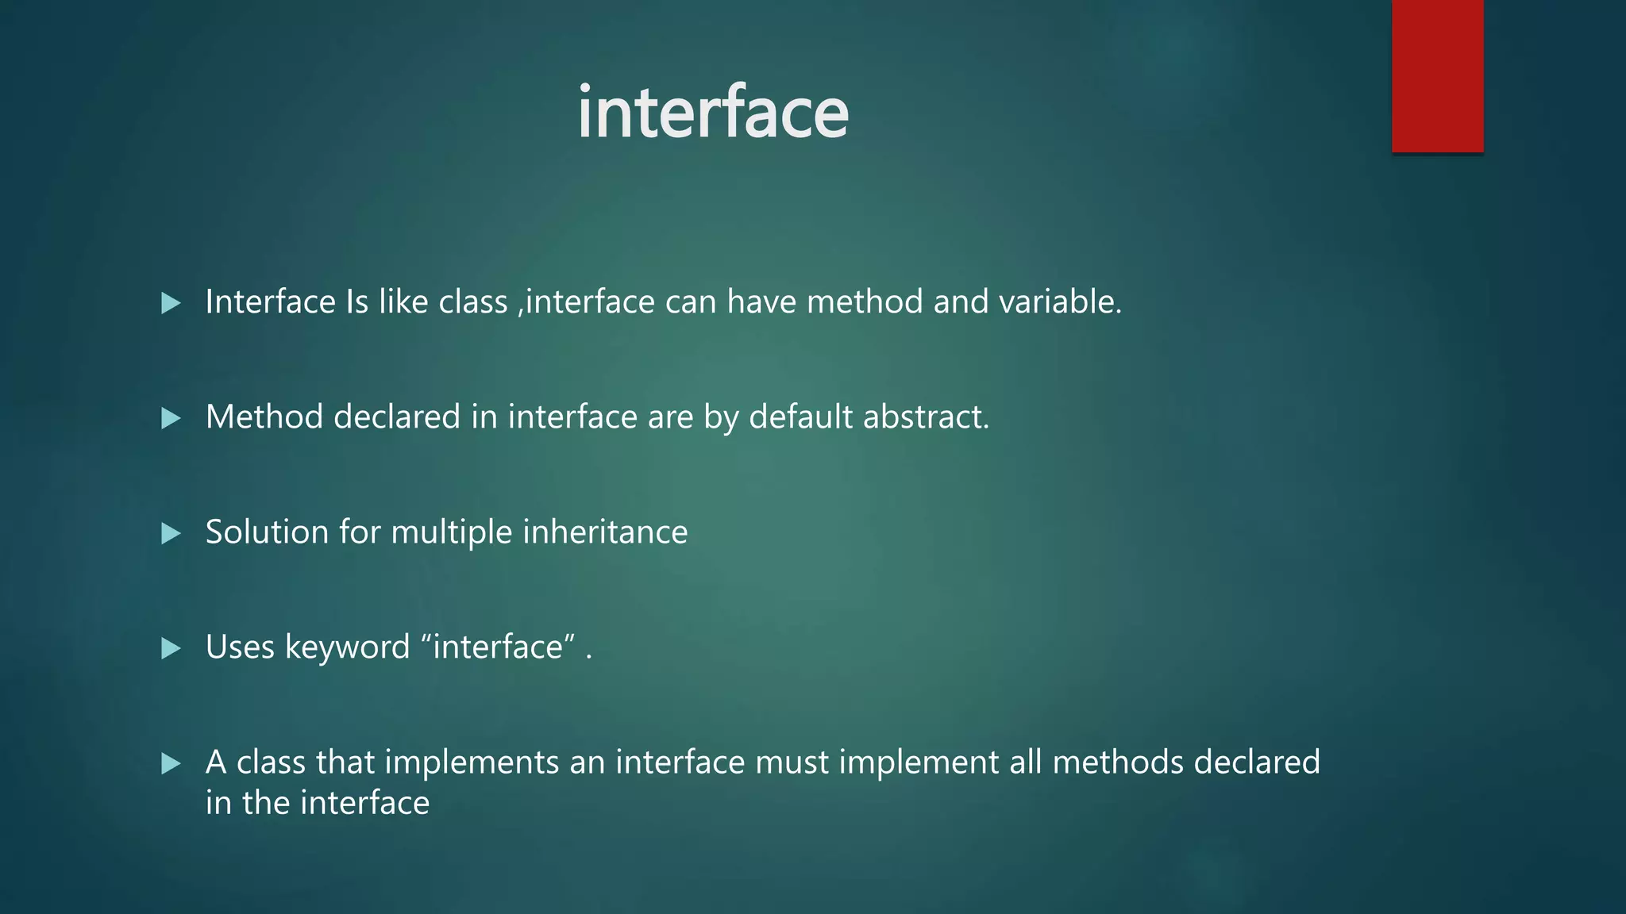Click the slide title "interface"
point(712,113)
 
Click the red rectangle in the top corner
point(1437,75)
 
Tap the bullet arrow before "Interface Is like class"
point(171,303)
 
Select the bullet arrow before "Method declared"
point(171,418)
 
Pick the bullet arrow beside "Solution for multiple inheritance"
point(171,533)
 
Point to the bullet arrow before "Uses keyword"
point(171,648)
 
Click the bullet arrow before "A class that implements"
point(171,763)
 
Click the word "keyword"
point(347,647)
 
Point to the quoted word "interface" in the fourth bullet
point(498,647)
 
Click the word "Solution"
point(267,532)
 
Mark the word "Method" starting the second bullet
point(264,417)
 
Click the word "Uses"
point(240,647)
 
